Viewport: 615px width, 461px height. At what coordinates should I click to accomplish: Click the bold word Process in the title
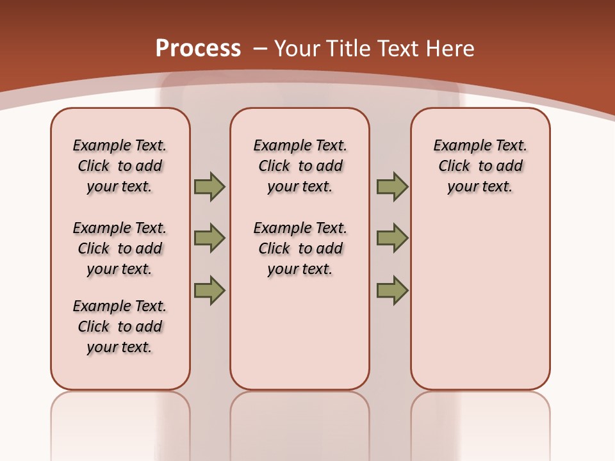(198, 49)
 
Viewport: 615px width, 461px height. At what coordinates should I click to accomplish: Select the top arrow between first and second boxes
(209, 186)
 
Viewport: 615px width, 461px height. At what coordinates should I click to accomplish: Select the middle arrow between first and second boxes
(209, 238)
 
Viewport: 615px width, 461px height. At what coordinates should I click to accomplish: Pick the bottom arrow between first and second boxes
(209, 290)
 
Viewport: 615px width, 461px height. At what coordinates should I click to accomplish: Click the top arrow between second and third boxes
(392, 186)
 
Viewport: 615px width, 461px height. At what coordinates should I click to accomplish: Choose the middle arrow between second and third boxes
(392, 238)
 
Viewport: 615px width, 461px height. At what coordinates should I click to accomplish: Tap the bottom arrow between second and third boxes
(392, 290)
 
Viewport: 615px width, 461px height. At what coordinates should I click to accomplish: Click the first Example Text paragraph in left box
(120, 166)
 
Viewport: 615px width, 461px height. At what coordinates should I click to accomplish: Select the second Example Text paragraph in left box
(120, 248)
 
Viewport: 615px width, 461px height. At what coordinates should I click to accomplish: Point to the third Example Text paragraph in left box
(120, 327)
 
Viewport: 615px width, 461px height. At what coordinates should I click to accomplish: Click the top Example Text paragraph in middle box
(300, 166)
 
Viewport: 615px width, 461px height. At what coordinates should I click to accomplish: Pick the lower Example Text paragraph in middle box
(300, 248)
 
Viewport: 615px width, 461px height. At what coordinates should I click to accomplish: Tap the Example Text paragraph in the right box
(480, 166)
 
